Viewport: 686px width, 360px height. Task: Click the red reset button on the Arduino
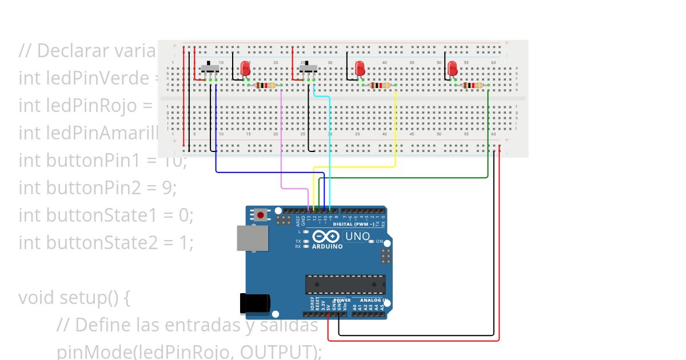[261, 215]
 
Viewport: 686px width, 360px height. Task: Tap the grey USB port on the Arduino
[253, 237]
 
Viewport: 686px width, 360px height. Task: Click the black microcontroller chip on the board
[345, 285]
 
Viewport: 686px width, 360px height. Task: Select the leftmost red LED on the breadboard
[245, 69]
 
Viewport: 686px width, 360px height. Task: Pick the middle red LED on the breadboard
[360, 69]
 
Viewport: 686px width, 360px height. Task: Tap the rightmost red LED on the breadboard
[453, 69]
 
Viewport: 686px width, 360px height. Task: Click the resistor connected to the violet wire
[265, 86]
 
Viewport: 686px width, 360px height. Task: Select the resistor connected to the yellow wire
[379, 86]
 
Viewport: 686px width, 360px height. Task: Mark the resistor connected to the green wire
[472, 86]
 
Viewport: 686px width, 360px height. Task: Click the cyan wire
[330, 131]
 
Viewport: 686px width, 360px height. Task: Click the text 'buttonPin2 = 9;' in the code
[97, 187]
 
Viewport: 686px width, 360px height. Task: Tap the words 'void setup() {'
[74, 298]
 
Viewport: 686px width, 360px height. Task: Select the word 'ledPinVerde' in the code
[97, 78]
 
